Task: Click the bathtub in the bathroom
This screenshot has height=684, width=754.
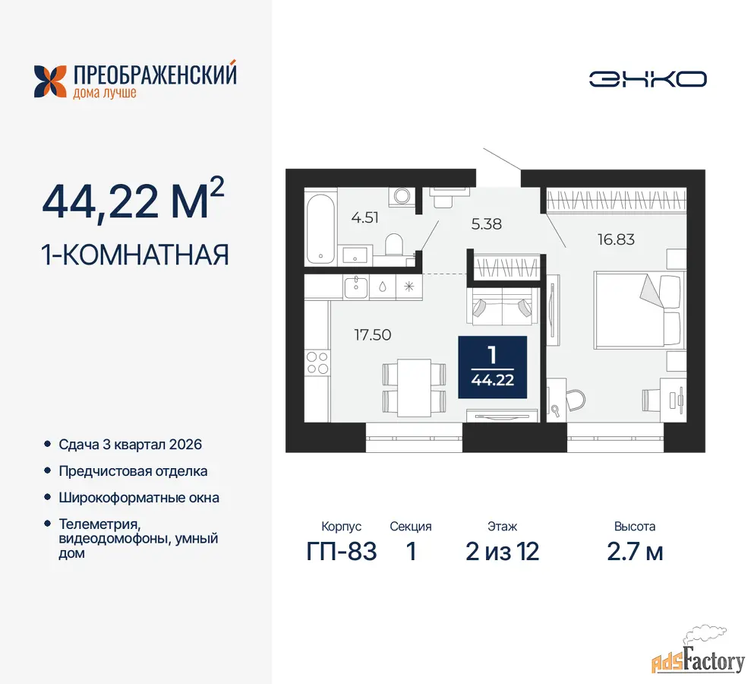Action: (x=320, y=228)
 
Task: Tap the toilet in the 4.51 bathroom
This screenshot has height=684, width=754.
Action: (x=394, y=245)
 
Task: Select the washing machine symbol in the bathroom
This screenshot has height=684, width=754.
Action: (x=402, y=196)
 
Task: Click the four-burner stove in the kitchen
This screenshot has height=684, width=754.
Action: (x=317, y=363)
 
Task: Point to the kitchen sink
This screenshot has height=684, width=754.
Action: (x=356, y=287)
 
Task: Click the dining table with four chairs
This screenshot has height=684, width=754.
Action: (x=414, y=387)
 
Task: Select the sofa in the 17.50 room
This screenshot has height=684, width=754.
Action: (x=503, y=306)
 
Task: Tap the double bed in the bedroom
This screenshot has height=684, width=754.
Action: (x=638, y=309)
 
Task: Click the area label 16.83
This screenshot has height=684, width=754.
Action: (x=616, y=239)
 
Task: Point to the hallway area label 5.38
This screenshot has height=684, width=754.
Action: (x=486, y=224)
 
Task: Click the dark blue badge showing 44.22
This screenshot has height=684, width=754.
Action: (x=492, y=367)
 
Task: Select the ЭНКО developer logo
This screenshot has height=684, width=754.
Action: (x=648, y=79)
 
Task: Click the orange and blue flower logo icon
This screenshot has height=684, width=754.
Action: (x=50, y=81)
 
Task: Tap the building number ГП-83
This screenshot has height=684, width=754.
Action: (x=342, y=552)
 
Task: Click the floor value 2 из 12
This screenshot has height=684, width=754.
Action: (x=502, y=552)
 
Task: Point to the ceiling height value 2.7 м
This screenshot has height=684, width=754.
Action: (x=635, y=552)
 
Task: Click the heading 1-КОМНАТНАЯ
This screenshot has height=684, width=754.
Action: (x=135, y=255)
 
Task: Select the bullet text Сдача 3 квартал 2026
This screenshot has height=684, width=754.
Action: (x=131, y=445)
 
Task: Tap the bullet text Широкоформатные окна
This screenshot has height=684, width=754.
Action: (x=139, y=498)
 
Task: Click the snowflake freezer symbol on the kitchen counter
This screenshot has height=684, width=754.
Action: (x=409, y=287)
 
